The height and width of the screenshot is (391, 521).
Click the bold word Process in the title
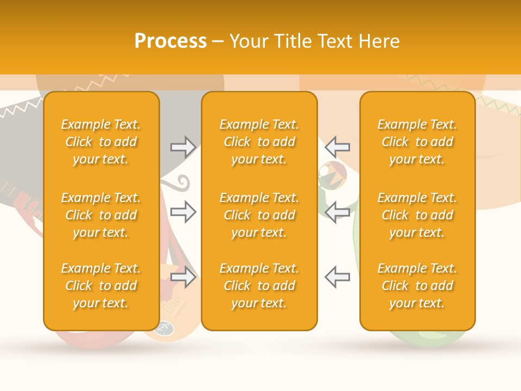170,41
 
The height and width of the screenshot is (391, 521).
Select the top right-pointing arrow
183,147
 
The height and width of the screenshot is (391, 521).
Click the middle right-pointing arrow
183,212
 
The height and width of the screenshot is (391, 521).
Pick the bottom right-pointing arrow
183,277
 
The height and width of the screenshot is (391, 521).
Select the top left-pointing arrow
337,147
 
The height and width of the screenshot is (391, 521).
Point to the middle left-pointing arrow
337,212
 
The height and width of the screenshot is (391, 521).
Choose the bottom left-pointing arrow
337,277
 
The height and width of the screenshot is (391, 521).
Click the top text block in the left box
101,142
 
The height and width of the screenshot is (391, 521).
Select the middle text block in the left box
101,215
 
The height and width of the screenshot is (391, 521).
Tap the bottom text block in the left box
101,286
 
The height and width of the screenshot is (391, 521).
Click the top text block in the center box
259,142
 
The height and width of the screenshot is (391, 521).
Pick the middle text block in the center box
259,215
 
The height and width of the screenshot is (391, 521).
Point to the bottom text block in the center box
259,286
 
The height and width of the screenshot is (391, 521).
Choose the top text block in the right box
417,142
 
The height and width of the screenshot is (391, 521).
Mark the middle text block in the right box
417,215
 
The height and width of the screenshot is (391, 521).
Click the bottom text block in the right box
417,286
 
